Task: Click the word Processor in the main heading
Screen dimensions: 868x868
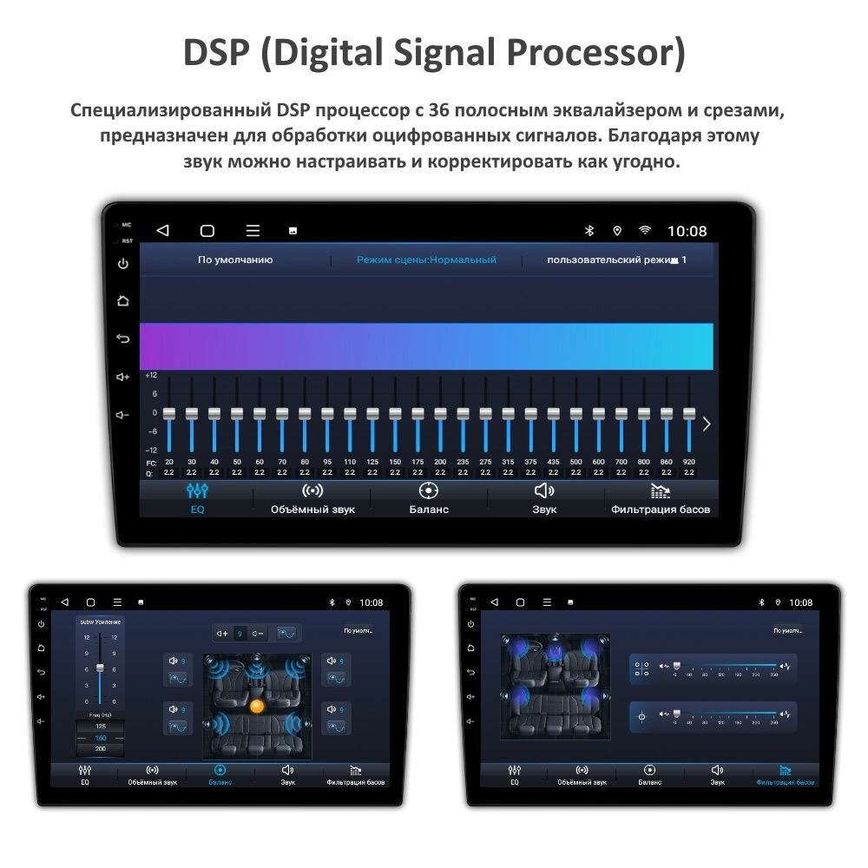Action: coord(594,54)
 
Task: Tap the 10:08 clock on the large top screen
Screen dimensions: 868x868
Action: coord(687,231)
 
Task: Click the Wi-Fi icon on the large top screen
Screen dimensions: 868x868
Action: coord(645,231)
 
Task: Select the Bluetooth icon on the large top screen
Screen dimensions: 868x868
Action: coord(589,231)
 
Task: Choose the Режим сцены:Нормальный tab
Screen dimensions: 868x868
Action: coord(426,260)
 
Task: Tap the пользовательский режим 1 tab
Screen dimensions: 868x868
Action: coord(616,260)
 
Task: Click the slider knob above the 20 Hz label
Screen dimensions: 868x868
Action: coord(169,414)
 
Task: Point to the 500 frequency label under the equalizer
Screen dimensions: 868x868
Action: coord(575,462)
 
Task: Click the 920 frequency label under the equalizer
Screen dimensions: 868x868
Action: coord(689,462)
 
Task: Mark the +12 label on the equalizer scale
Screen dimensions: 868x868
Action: coord(151,375)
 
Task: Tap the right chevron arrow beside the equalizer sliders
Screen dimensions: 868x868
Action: coord(707,424)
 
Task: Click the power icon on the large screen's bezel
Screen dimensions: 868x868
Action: coord(123,264)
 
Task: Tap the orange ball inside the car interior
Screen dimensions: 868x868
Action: coord(256,706)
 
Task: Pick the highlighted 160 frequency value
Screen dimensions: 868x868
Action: coord(101,737)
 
